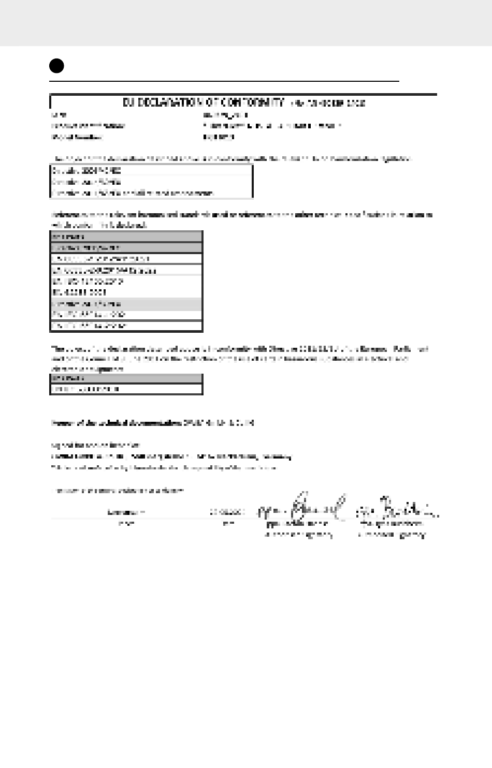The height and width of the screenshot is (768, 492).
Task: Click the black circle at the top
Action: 56,66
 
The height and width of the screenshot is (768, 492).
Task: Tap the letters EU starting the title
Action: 128,102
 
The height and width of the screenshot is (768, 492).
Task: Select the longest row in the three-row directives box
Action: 133,193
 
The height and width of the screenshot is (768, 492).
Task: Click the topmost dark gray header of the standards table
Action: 126,237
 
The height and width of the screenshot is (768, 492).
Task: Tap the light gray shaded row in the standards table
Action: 126,304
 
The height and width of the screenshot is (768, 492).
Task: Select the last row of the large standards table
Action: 126,326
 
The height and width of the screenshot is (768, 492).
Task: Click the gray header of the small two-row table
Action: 126,378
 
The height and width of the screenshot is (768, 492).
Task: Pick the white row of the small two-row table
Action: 126,389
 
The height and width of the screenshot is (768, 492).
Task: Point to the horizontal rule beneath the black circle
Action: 224,81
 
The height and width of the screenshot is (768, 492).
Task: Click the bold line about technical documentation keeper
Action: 152,423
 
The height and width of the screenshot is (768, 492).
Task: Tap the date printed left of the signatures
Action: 227,512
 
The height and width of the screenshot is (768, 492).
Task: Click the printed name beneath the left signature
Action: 297,524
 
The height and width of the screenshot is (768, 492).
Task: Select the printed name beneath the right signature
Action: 392,524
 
